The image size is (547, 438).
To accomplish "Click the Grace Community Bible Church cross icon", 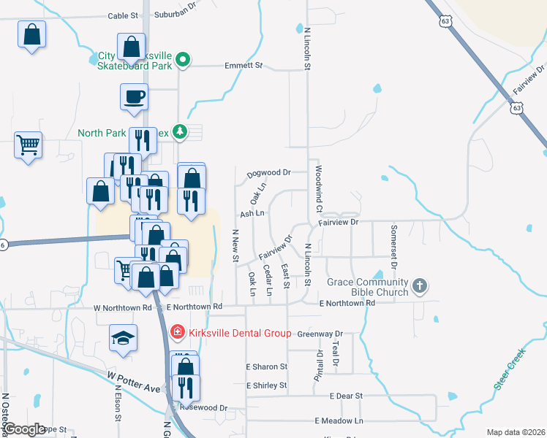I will pos(420,285).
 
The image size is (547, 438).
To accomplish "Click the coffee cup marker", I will pos(135,97).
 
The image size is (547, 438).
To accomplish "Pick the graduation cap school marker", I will pos(123,338).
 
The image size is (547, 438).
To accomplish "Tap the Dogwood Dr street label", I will pos(269,173).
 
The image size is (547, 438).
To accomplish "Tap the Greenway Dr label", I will pos(320,334).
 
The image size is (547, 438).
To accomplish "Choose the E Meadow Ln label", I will pos(339,421).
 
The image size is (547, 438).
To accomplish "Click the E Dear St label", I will pos(347,396).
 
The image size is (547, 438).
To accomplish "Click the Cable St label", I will pos(122,15).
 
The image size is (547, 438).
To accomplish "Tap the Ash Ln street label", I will pos(252,214).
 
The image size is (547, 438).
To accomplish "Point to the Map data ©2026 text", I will pos(516,432).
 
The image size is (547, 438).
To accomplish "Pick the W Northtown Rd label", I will pos(122,308).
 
